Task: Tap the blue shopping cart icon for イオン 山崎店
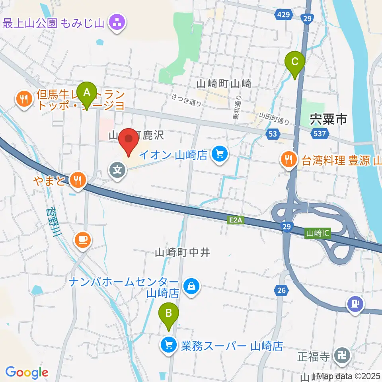pos(219,153)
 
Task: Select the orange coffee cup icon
pos(82,240)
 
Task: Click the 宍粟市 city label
pos(328,118)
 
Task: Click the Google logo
pos(27,372)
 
